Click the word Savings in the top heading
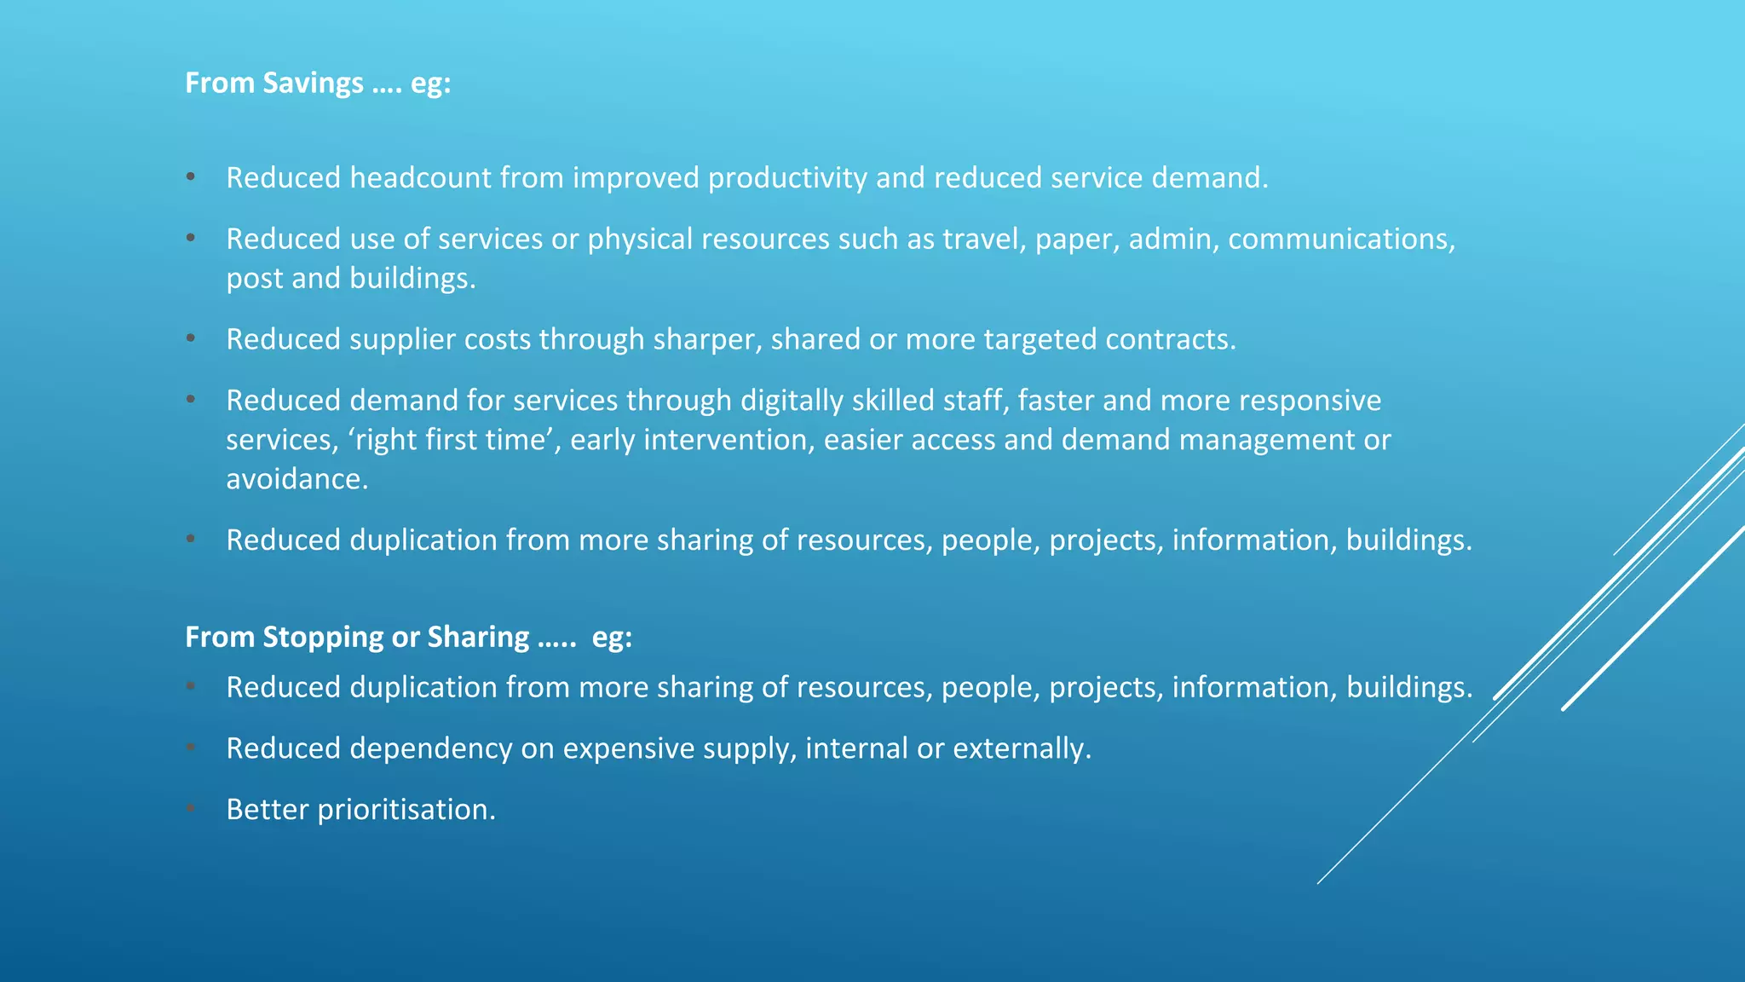pos(313,83)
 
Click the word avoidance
pos(297,479)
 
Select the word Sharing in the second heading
pos(478,638)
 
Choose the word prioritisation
pos(406,810)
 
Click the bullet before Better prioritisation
pos(191,808)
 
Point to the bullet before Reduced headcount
pos(191,176)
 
